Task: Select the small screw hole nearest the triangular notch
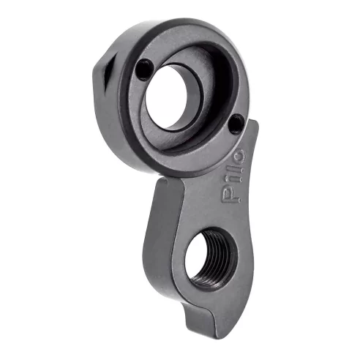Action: click(x=143, y=70)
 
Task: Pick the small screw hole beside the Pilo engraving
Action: click(x=235, y=124)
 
